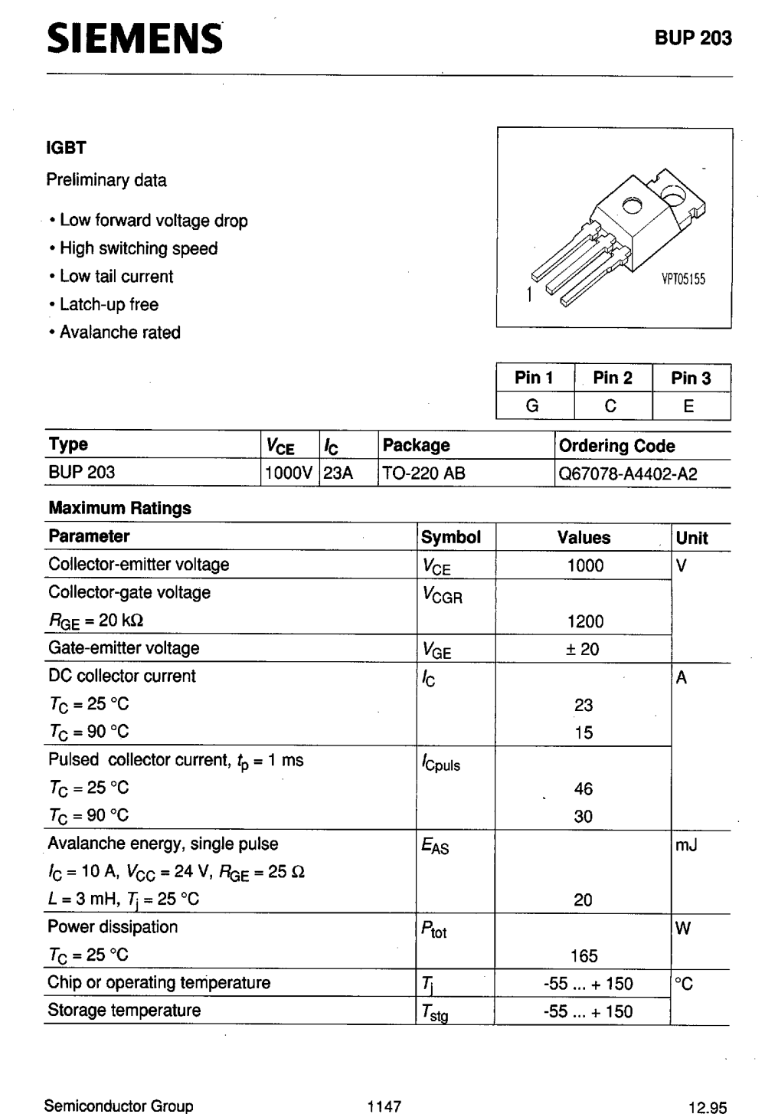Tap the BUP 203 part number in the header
coord(693,38)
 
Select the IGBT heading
coord(67,148)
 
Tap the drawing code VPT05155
coord(683,280)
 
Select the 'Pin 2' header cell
coord(613,378)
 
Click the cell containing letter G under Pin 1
coord(533,406)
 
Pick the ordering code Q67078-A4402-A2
coord(628,473)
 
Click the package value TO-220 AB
coord(423,473)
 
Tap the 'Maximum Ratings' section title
coord(119,508)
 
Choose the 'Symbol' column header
coord(451,537)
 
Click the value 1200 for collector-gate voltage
coord(585,621)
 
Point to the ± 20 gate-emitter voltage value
coord(583,649)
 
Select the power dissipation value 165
coord(584,955)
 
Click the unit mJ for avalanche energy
coord(686,845)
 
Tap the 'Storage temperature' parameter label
coord(124,1010)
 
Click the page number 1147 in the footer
coord(384,1106)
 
